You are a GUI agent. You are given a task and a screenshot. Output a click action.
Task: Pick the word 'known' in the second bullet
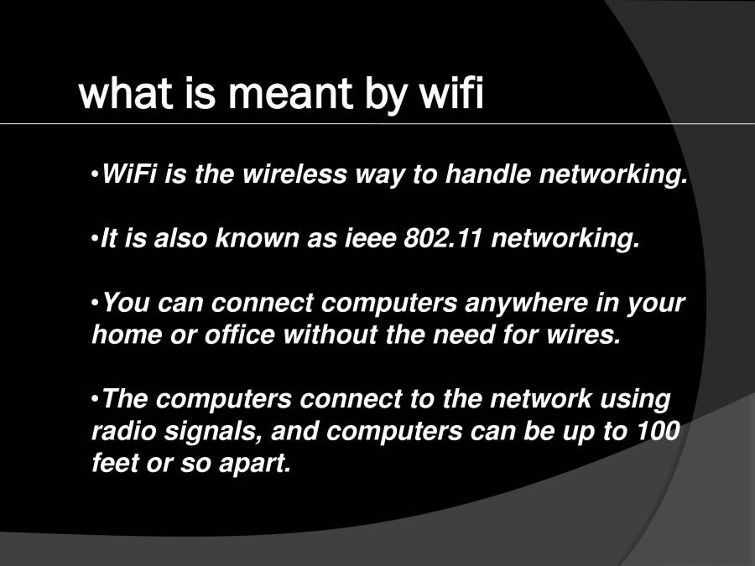click(x=249, y=239)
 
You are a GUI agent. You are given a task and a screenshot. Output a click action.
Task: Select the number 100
click(x=659, y=432)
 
